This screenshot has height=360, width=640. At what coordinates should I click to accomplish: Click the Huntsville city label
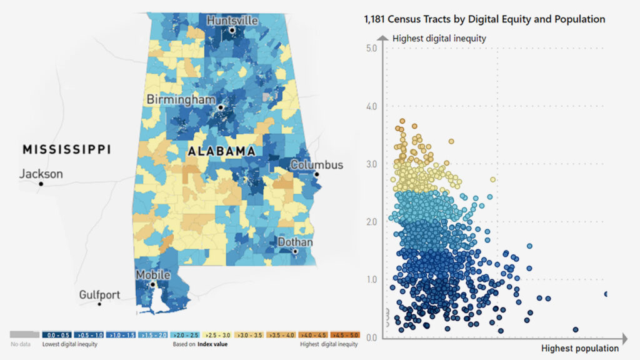tap(232, 20)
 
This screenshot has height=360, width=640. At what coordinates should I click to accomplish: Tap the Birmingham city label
tap(181, 99)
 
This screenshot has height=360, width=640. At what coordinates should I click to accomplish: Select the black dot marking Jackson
tap(41, 184)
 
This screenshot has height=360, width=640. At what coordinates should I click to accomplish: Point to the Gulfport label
tap(99, 294)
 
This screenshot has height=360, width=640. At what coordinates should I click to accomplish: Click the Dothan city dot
tap(296, 251)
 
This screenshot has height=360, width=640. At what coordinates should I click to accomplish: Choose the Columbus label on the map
tap(317, 165)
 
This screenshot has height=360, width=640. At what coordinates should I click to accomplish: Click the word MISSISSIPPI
tap(66, 149)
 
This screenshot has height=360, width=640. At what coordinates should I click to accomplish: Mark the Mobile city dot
tap(152, 284)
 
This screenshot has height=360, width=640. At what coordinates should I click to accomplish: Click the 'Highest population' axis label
tap(579, 348)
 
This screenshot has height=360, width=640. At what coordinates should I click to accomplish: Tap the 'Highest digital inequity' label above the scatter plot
tap(439, 39)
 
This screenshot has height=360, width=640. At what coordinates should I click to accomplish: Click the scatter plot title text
tap(484, 19)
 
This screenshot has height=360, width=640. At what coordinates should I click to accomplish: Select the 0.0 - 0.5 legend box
tap(54, 335)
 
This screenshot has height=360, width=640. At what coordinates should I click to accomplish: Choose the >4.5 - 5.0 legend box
tap(345, 335)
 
